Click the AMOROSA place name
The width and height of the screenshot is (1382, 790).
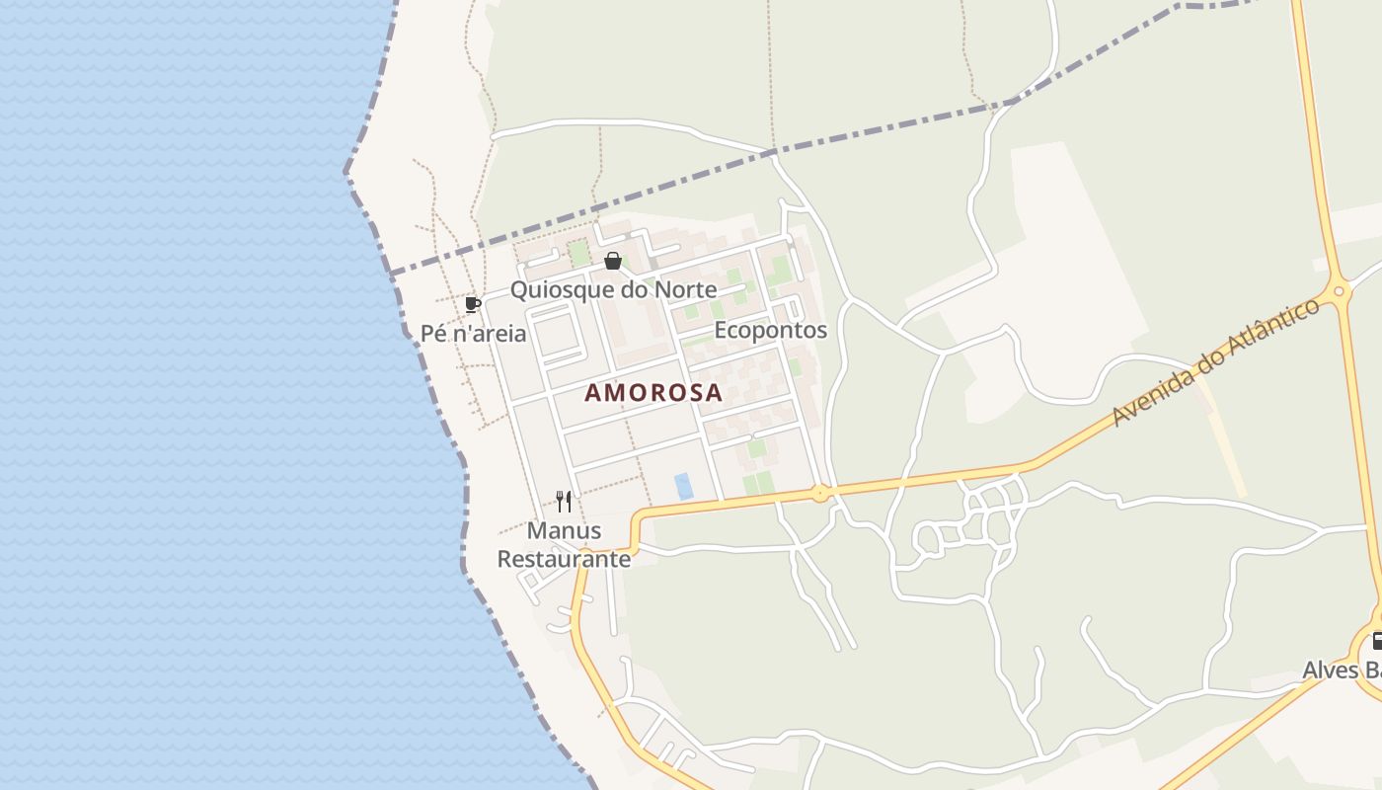tap(653, 392)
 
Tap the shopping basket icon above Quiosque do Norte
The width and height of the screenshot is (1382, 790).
tap(613, 261)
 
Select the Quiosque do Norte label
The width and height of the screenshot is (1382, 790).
tap(613, 289)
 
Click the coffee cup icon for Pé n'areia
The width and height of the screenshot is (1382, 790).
tap(473, 304)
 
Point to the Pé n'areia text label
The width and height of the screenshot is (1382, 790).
tap(473, 333)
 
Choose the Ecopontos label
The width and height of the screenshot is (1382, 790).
tap(770, 330)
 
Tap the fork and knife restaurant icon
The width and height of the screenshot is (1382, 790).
tap(564, 502)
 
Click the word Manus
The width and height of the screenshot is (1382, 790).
tap(564, 530)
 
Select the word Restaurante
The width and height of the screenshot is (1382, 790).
tap(564, 559)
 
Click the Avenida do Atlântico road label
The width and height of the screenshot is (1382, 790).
tap(1215, 361)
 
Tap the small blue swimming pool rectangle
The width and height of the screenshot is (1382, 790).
tap(683, 486)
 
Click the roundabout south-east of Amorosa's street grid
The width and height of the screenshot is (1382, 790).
tap(820, 493)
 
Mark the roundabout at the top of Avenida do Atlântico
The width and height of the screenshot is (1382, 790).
tap(1340, 291)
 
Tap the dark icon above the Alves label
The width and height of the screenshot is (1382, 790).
tap(1376, 641)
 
